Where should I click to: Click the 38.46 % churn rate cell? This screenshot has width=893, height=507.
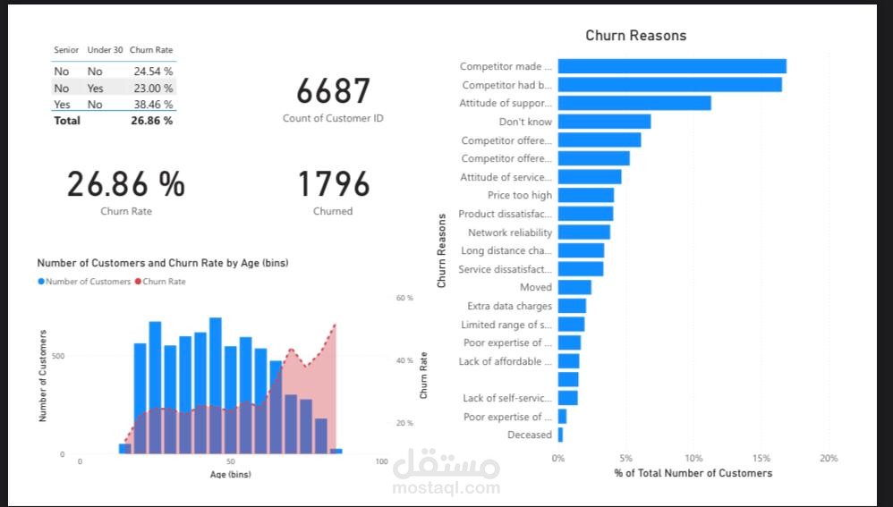[153, 105]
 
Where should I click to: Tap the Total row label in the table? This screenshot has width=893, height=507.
[66, 121]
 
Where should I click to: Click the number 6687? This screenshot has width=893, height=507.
[333, 91]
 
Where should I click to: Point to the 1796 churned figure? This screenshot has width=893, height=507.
[333, 184]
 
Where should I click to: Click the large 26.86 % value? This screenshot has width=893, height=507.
[126, 184]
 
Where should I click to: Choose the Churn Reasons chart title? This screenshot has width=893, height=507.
[635, 36]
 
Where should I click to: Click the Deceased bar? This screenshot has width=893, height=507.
[560, 435]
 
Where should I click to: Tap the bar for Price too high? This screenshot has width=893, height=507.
[585, 195]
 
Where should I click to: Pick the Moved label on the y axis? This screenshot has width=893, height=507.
[536, 287]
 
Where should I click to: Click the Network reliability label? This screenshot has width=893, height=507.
[510, 232]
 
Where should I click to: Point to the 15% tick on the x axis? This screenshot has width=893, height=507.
[761, 458]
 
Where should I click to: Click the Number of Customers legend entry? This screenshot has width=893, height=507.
[85, 282]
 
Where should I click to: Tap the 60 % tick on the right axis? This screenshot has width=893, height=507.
[404, 298]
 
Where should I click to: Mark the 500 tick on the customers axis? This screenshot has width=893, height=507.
[57, 356]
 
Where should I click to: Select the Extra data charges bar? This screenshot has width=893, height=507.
[572, 306]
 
